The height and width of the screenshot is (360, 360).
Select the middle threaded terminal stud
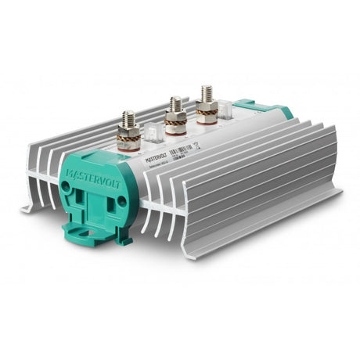click(x=175, y=104)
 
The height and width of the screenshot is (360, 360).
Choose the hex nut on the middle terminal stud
click(x=175, y=114)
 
